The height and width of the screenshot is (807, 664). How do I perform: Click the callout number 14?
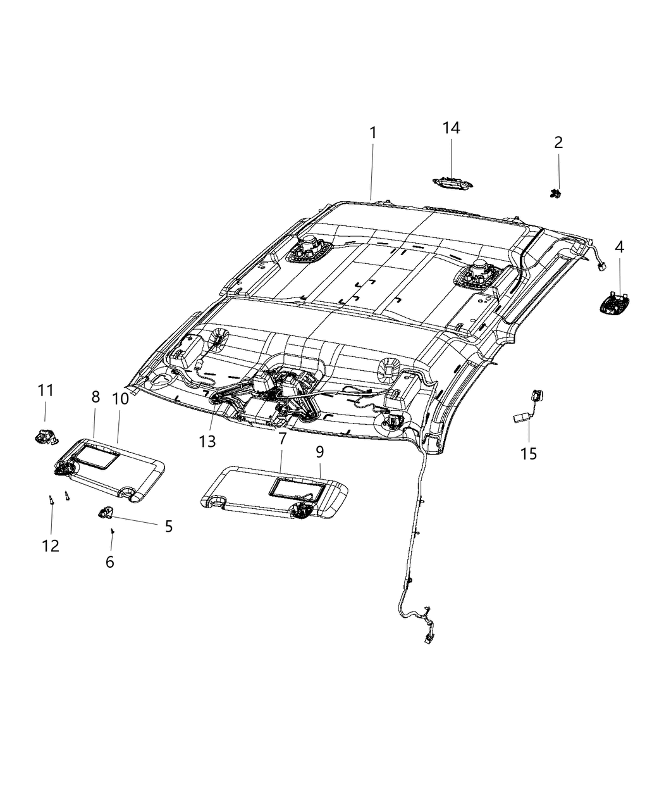pyautogui.click(x=451, y=128)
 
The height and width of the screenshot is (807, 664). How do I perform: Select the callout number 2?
pyautogui.click(x=558, y=142)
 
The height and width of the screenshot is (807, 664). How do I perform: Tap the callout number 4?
pyautogui.click(x=619, y=247)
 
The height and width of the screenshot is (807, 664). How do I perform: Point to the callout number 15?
pyautogui.click(x=529, y=453)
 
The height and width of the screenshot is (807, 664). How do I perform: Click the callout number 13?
pyautogui.click(x=207, y=441)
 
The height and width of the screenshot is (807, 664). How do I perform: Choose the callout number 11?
pyautogui.click(x=45, y=391)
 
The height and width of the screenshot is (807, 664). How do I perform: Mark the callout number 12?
pyautogui.click(x=51, y=545)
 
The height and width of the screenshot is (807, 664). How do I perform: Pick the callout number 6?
pyautogui.click(x=110, y=561)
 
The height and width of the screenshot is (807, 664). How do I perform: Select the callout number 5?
pyautogui.click(x=168, y=526)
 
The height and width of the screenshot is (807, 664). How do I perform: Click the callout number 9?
pyautogui.click(x=320, y=451)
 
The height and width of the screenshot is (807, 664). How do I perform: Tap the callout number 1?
pyautogui.click(x=373, y=133)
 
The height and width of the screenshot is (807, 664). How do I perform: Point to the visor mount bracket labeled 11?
pyautogui.click(x=44, y=435)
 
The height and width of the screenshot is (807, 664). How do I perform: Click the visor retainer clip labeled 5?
pyautogui.click(x=105, y=511)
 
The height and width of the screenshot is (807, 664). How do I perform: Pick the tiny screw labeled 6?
pyautogui.click(x=112, y=532)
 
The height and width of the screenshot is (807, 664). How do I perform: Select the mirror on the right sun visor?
pyautogui.click(x=295, y=488)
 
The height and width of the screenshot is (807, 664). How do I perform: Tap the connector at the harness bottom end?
pyautogui.click(x=429, y=640)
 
